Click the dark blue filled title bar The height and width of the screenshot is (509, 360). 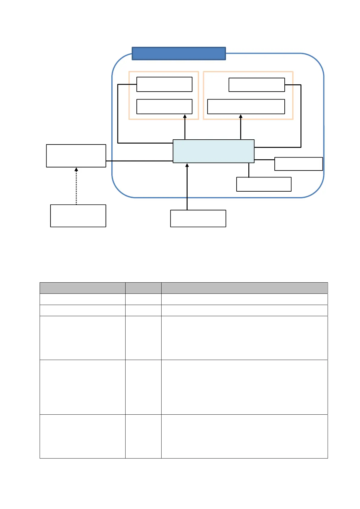(x=178, y=53)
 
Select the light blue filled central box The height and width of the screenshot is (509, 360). (x=213, y=151)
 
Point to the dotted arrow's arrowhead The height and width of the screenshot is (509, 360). (x=76, y=170)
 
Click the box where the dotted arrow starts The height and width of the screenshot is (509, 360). (x=78, y=216)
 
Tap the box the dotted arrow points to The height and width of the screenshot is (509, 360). (x=76, y=156)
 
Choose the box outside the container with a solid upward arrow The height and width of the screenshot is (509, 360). (x=198, y=218)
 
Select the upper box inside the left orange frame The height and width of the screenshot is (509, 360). (x=164, y=84)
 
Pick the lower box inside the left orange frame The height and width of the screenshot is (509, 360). (x=164, y=107)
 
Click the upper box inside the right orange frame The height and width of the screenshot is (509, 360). (x=257, y=85)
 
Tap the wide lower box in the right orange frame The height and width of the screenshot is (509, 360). (x=246, y=107)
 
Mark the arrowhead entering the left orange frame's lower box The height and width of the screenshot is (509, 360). (x=185, y=116)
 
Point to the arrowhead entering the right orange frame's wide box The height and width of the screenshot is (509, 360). (x=241, y=116)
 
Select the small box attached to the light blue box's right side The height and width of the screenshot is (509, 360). (x=298, y=164)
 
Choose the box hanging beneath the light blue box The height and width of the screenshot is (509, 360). (x=263, y=184)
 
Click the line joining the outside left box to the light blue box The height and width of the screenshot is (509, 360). (x=139, y=161)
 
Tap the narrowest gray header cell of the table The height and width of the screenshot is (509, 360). (x=143, y=288)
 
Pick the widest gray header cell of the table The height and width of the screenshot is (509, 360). (x=244, y=288)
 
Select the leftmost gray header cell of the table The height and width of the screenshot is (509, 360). (x=82, y=288)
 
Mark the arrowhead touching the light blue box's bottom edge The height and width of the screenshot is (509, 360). (x=187, y=165)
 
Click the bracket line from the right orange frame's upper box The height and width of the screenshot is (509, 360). (x=301, y=115)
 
